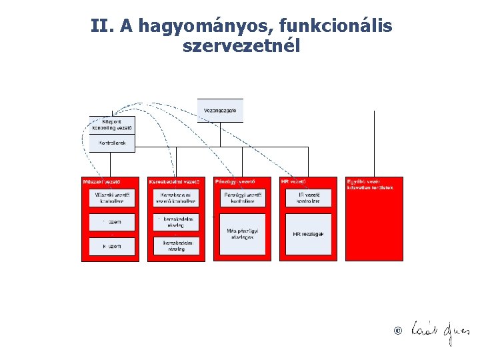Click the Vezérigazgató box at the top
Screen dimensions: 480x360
220,110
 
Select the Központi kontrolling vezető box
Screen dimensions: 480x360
112,125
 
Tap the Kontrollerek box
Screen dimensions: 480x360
112,143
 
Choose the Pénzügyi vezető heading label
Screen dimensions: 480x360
234,181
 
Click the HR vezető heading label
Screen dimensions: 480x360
294,181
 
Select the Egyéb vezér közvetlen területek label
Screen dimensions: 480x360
371,184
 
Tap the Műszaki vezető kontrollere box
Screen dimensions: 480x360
112,197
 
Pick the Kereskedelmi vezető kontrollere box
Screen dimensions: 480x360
176,197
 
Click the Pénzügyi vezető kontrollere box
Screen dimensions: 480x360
242,197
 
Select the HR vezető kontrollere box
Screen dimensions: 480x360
308,197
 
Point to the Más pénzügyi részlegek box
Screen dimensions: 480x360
242,233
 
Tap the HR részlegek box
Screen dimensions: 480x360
308,234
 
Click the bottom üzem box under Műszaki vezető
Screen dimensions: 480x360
112,246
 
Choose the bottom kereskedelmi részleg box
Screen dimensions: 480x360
176,245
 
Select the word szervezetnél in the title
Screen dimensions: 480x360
241,47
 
